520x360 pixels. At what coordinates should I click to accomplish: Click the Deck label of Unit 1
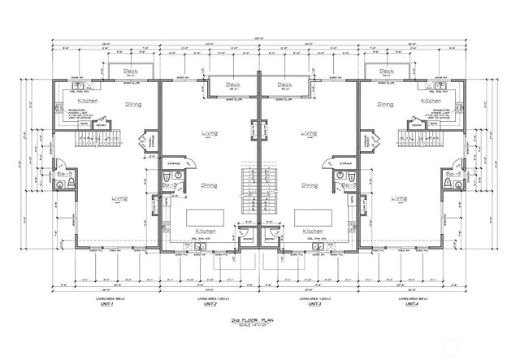pos(130,72)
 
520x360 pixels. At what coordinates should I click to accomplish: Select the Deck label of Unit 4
pos(388,72)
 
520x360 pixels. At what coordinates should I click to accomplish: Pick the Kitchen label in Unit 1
pos(89,100)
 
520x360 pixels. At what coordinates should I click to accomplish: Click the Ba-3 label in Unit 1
pos(63,174)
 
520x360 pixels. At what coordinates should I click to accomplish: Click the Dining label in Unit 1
pos(133,104)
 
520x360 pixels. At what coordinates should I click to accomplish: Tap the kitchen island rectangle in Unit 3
pos(312,217)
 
